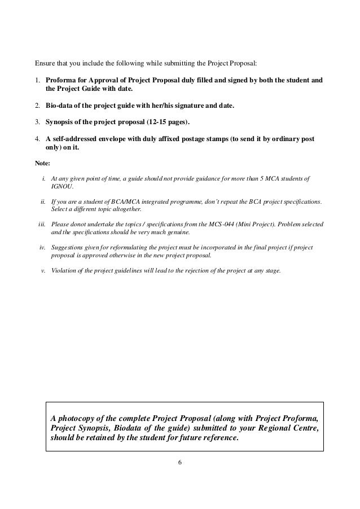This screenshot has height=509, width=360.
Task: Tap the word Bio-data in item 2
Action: (x=59, y=106)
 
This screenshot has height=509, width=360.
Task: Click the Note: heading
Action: (x=42, y=163)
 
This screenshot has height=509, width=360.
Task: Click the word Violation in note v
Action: (x=63, y=270)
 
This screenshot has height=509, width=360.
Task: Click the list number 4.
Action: (x=37, y=139)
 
